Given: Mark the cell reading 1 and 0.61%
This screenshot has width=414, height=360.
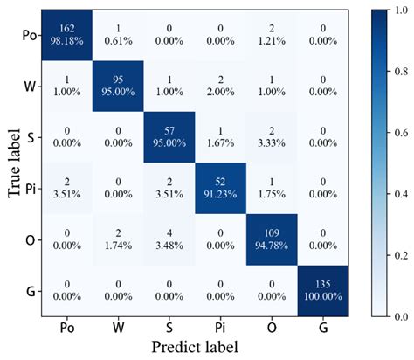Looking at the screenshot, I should coord(119,36).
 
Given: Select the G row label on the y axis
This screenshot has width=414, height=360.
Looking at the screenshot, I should coord(31,289).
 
